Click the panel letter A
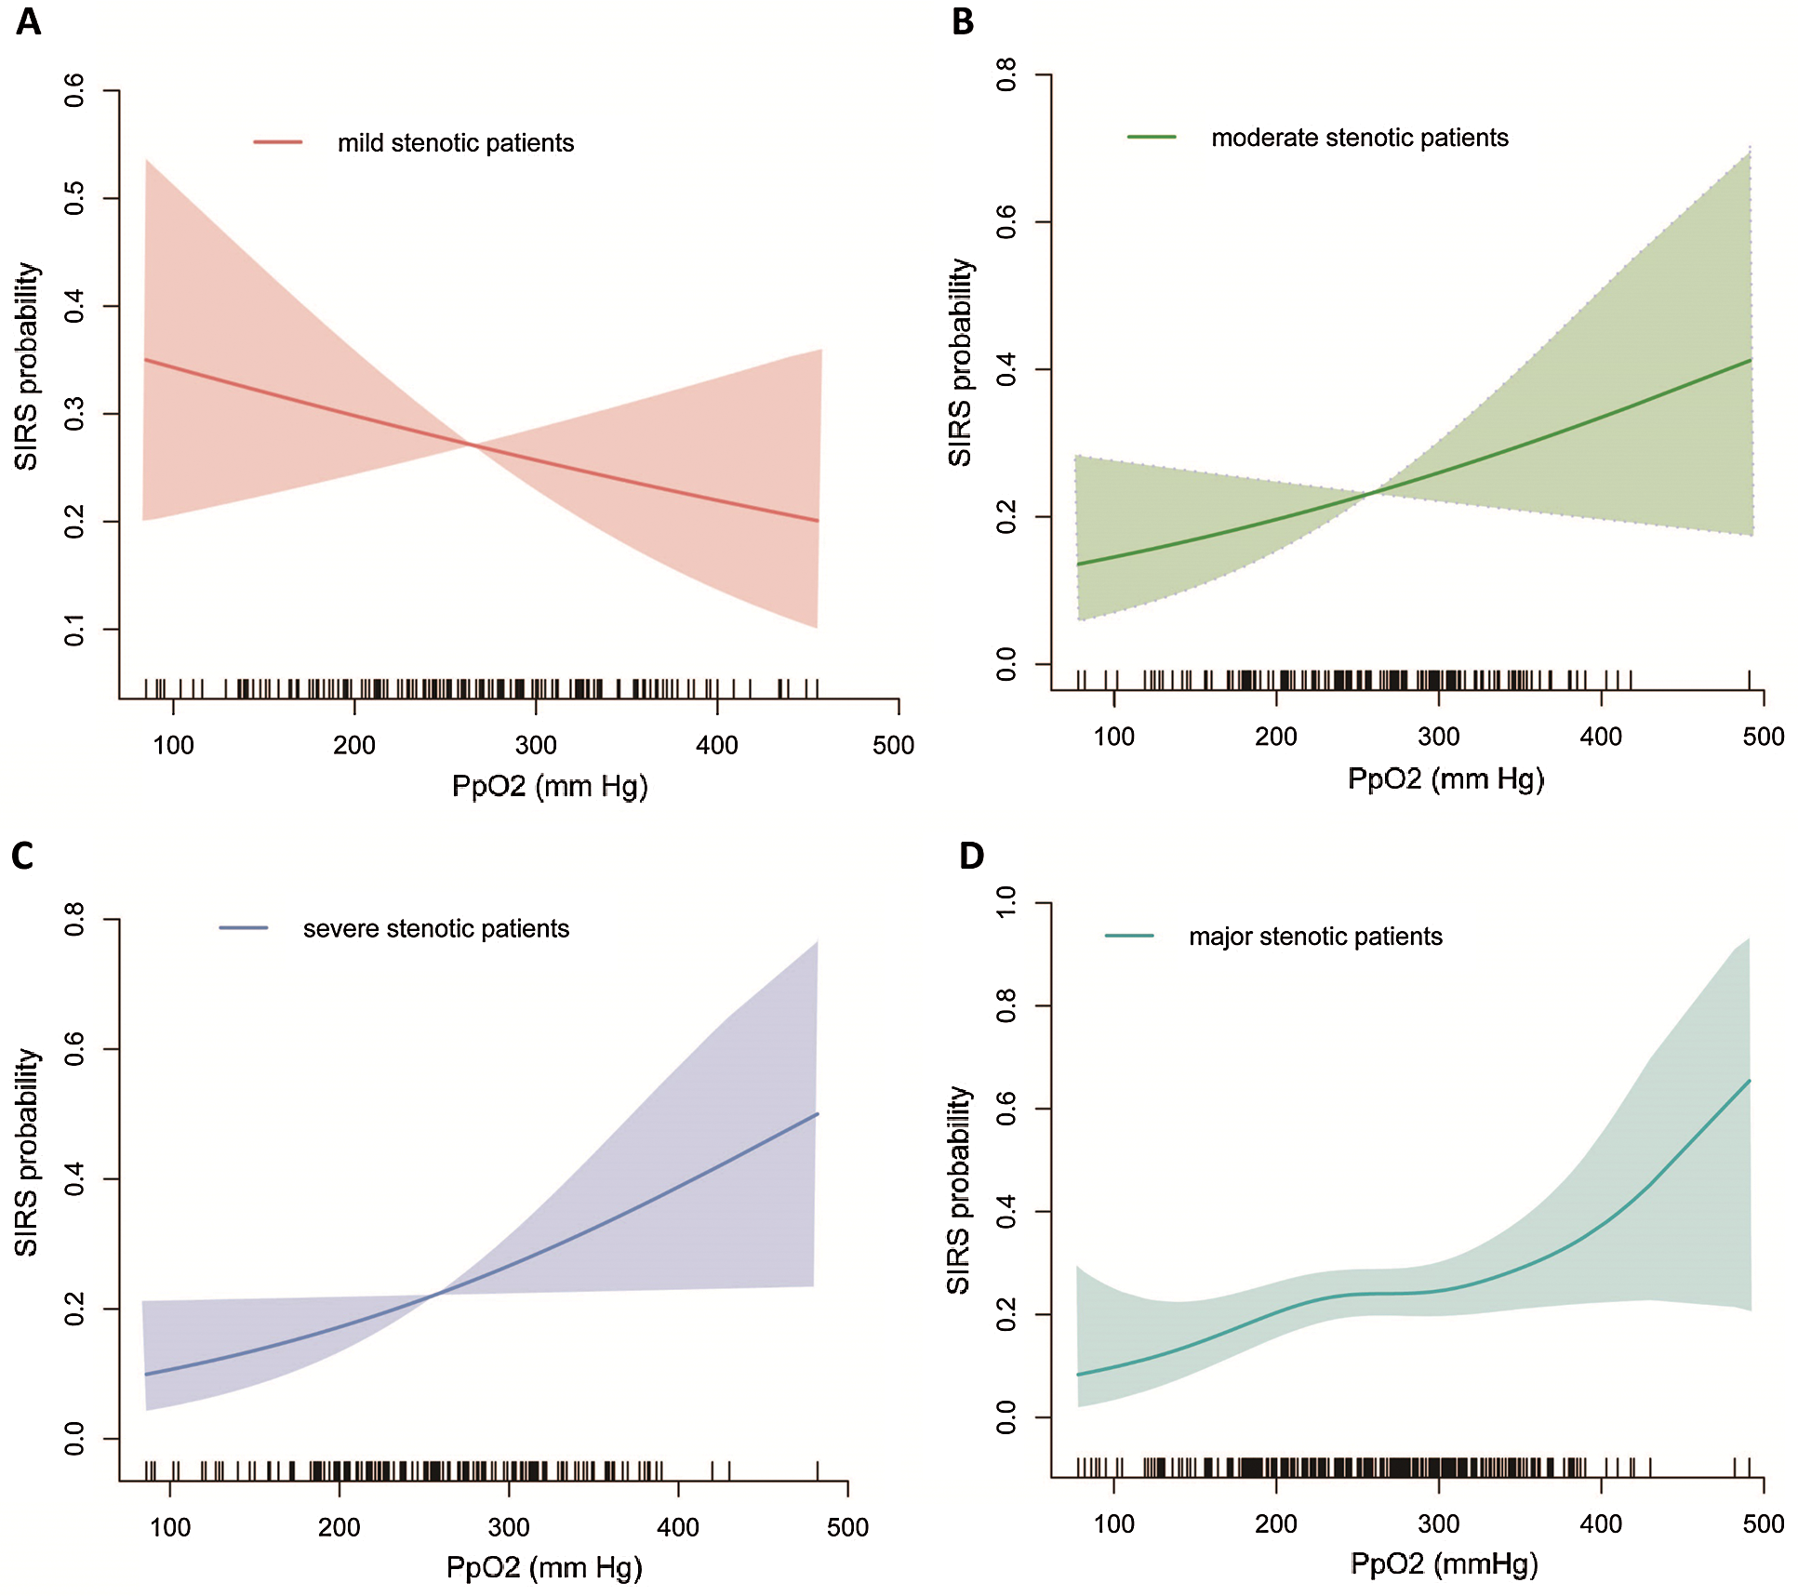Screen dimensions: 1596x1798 tap(28, 20)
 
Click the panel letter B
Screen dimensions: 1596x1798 tap(963, 20)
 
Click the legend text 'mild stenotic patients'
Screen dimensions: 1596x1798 tap(456, 143)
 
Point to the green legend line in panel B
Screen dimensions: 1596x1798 tap(1152, 137)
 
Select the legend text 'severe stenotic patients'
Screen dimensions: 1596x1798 tap(435, 928)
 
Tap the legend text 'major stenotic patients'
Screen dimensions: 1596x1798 tap(1315, 936)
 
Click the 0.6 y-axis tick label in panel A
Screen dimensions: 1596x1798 tap(74, 90)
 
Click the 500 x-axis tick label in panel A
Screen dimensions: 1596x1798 tap(893, 745)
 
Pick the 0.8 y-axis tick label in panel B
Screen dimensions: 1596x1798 tap(1006, 74)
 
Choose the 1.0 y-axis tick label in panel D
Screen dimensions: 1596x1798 tap(1006, 903)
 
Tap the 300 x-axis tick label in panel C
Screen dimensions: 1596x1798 tap(509, 1527)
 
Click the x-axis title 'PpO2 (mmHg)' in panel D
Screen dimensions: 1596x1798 tap(1444, 1563)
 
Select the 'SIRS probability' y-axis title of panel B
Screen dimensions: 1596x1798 tap(959, 363)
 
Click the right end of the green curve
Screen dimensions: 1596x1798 tap(1751, 360)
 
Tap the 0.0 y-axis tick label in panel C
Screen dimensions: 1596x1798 tap(74, 1439)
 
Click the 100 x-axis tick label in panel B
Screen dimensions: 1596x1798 tap(1113, 737)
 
